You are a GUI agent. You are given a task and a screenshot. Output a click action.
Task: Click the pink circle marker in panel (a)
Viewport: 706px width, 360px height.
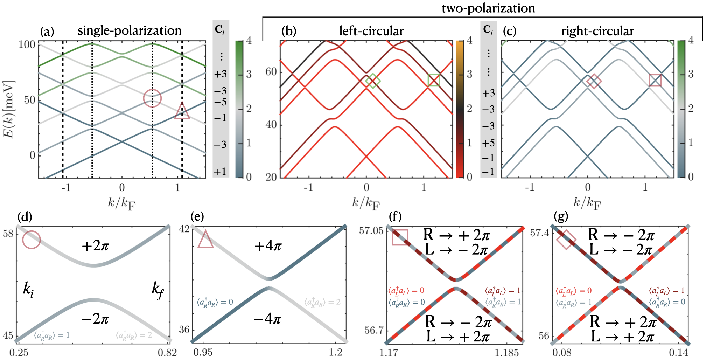pyautogui.click(x=152, y=98)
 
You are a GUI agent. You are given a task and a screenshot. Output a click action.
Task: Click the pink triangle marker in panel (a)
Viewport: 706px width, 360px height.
pyautogui.click(x=182, y=111)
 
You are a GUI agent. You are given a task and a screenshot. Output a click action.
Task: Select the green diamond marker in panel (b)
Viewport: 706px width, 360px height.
pyautogui.click(x=373, y=81)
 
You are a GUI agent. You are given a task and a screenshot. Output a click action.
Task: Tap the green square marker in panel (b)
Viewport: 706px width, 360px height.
pyautogui.click(x=434, y=80)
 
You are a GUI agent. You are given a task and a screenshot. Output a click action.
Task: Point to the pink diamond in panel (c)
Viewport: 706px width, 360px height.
pyautogui.click(x=594, y=81)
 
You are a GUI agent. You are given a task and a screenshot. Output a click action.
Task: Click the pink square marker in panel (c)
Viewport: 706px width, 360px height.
pyautogui.click(x=655, y=80)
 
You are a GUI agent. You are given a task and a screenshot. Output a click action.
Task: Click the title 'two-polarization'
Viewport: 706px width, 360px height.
pyautogui.click(x=488, y=8)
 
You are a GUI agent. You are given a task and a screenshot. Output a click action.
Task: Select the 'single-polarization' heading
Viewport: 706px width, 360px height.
pyautogui.click(x=130, y=30)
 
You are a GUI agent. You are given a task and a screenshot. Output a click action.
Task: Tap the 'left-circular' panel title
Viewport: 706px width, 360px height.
pyautogui.click(x=371, y=31)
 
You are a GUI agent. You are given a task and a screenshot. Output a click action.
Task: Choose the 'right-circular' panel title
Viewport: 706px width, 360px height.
pyautogui.click(x=597, y=31)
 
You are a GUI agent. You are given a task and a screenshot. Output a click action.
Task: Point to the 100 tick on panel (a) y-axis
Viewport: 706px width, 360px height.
pyautogui.click(x=27, y=45)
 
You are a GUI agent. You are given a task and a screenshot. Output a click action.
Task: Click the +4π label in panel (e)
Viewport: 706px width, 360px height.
pyautogui.click(x=268, y=246)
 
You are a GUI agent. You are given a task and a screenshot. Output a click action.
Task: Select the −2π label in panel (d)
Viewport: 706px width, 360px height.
pyautogui.click(x=95, y=319)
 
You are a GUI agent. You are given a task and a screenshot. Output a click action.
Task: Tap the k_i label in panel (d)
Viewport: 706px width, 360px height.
pyautogui.click(x=28, y=289)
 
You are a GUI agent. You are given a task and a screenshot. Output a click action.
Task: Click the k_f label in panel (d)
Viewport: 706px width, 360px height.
pyautogui.click(x=158, y=289)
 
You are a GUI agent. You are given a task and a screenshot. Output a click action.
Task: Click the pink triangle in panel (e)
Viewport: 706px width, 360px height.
pyautogui.click(x=205, y=240)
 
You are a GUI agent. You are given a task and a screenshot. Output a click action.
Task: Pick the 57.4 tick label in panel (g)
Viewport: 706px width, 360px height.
pyautogui.click(x=540, y=233)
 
